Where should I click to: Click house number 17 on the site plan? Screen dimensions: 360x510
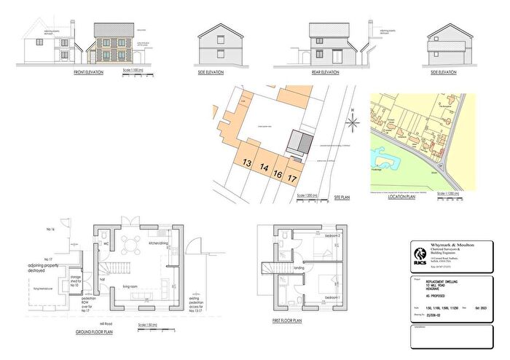click(x=292, y=177)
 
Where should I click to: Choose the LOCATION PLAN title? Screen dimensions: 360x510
click(x=401, y=197)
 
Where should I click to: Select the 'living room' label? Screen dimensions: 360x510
click(x=131, y=267)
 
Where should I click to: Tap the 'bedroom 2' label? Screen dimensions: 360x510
click(x=331, y=237)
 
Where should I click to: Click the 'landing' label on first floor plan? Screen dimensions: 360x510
click(x=299, y=267)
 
